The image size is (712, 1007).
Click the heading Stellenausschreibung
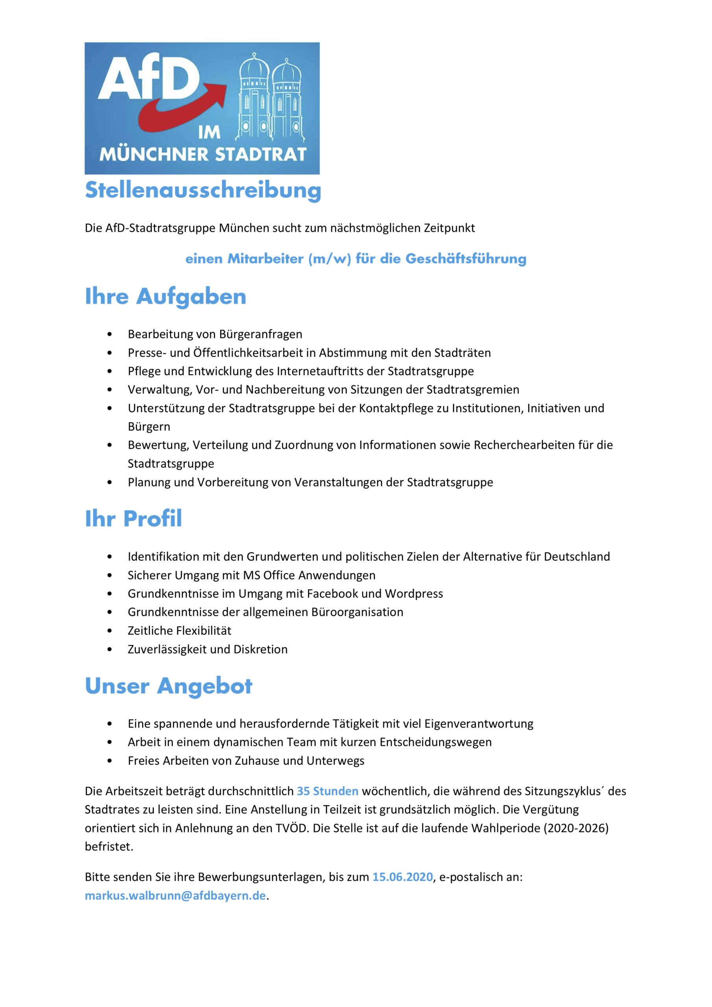click(x=203, y=190)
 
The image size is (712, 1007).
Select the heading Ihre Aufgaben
click(x=165, y=297)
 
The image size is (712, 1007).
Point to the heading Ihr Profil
click(x=133, y=518)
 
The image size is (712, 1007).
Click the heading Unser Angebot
click(x=168, y=686)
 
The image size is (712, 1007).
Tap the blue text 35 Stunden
click(x=327, y=791)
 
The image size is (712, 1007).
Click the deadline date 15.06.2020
click(x=402, y=877)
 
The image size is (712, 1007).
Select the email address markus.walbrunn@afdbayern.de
click(x=175, y=895)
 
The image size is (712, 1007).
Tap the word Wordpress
click(x=414, y=594)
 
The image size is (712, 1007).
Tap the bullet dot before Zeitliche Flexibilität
click(x=110, y=631)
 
